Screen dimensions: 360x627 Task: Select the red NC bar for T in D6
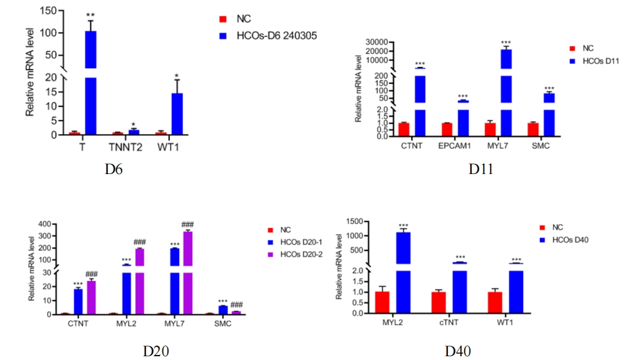75,133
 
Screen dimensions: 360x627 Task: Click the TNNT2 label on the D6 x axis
125,145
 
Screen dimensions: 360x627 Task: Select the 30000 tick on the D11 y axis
379,42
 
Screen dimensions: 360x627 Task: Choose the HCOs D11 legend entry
601,61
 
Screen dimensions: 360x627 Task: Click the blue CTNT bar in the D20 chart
78,301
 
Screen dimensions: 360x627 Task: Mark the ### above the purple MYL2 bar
139,242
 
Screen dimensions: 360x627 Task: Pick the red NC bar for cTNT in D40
439,302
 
